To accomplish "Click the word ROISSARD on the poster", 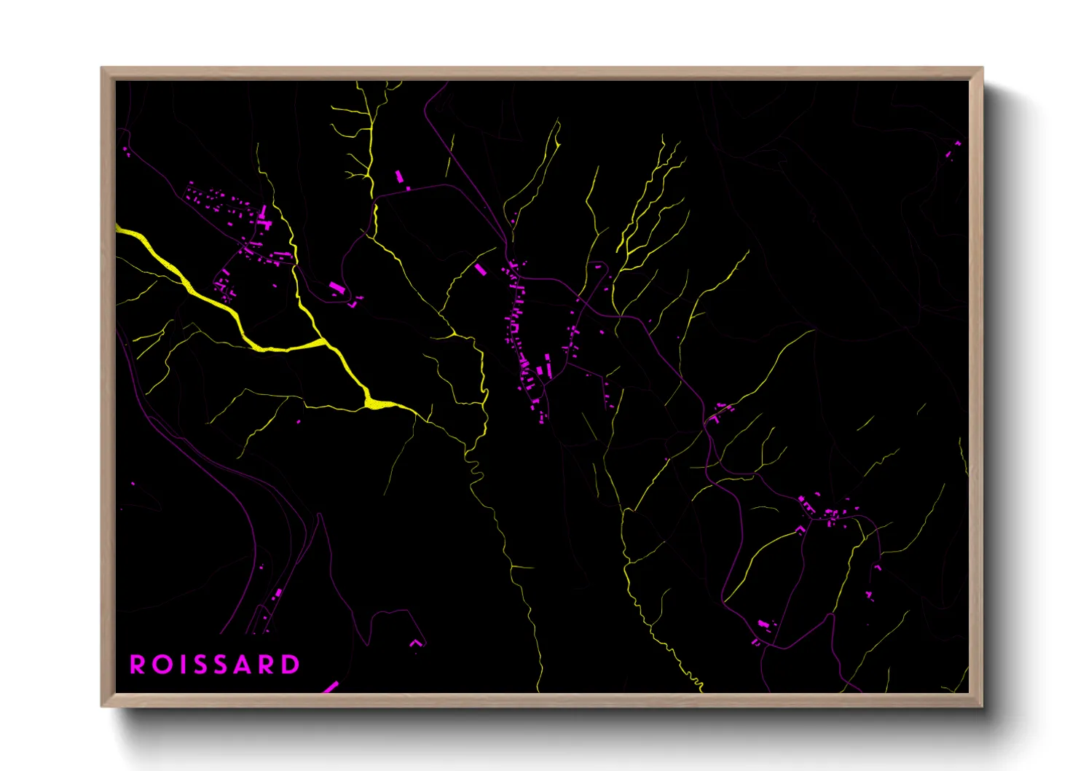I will point(215,665).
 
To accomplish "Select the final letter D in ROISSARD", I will point(291,665).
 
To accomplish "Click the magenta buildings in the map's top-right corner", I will point(953,149).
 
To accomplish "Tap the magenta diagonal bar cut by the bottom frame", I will point(330,687).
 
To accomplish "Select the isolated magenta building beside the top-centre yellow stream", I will point(399,176).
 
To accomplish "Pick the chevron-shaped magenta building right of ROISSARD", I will point(415,643).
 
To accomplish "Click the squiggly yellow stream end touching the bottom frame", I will point(699,687).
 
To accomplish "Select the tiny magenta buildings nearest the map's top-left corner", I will point(125,151).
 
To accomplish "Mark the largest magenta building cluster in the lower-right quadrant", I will point(827,510).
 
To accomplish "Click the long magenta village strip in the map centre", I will point(522,335).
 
